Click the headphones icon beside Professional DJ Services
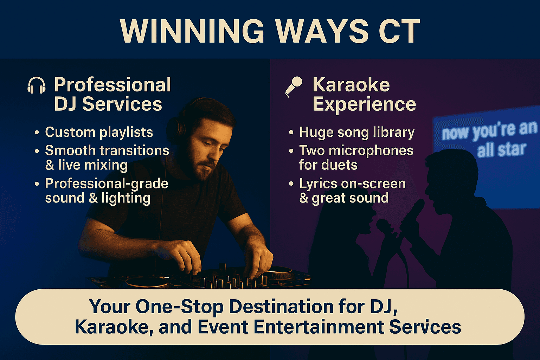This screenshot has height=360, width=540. [x=37, y=85]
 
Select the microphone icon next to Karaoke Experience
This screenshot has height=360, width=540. [x=294, y=86]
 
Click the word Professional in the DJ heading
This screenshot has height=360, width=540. [x=112, y=85]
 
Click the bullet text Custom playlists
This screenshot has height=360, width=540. [x=99, y=132]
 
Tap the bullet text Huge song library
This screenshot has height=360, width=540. [x=357, y=132]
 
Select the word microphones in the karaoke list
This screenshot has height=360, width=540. [x=371, y=151]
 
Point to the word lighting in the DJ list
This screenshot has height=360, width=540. [x=126, y=199]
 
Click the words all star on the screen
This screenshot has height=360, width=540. [x=501, y=149]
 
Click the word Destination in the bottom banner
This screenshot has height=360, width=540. [x=281, y=307]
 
